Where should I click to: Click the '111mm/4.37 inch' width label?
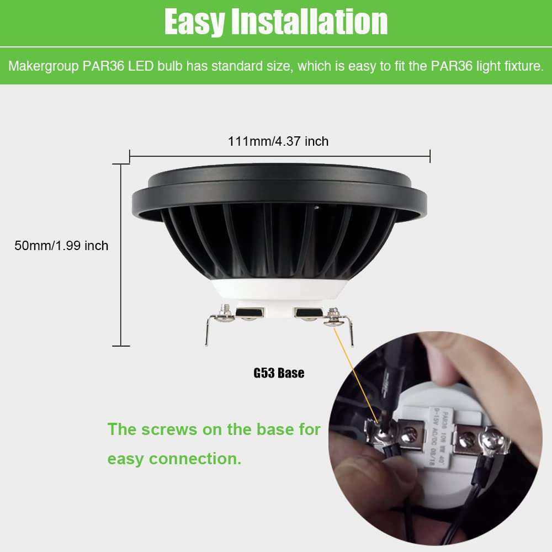(x=278, y=141)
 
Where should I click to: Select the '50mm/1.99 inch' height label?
(x=61, y=246)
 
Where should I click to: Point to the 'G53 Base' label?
(x=279, y=373)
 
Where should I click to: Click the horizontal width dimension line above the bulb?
(x=279, y=157)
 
